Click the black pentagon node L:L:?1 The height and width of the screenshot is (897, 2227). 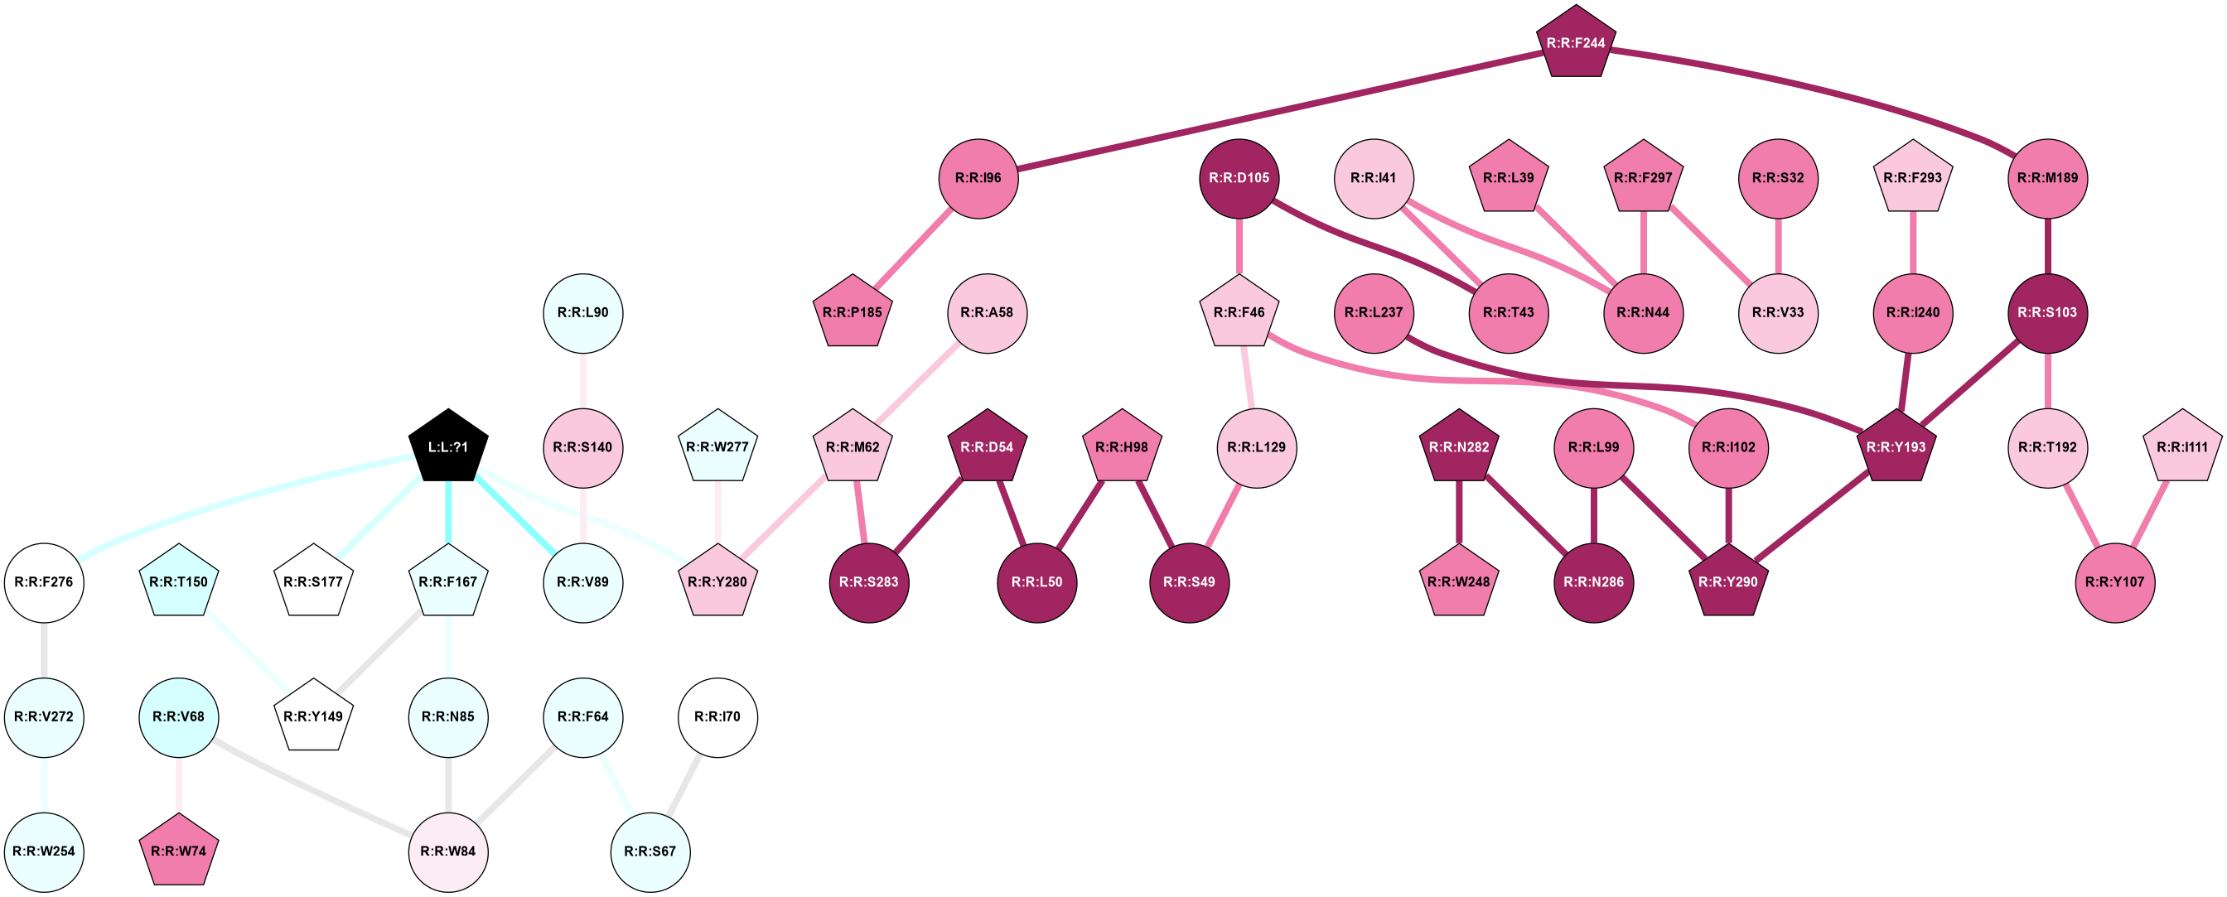pyautogui.click(x=448, y=446)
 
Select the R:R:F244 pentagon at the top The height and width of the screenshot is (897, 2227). pyautogui.click(x=1575, y=43)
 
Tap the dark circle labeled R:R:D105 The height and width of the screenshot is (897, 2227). pyautogui.click(x=1239, y=178)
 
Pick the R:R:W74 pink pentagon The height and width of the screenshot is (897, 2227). pyautogui.click(x=179, y=851)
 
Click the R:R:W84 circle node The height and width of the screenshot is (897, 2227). pyautogui.click(x=448, y=851)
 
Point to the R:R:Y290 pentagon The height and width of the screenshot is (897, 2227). pyautogui.click(x=1727, y=581)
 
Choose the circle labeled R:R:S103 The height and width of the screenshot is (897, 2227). pyautogui.click(x=2047, y=313)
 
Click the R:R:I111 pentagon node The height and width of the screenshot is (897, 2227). pyautogui.click(x=2182, y=446)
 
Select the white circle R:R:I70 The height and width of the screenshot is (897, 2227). pyautogui.click(x=717, y=716)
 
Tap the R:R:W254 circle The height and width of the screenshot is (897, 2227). pyautogui.click(x=44, y=851)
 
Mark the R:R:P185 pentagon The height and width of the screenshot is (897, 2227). pyautogui.click(x=853, y=313)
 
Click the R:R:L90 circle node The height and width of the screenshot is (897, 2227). pyautogui.click(x=582, y=313)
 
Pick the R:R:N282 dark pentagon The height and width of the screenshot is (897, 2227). pyautogui.click(x=1458, y=446)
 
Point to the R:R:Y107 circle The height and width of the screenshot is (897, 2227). pyautogui.click(x=2114, y=581)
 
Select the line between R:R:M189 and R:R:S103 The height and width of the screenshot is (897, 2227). pyautogui.click(x=2047, y=245)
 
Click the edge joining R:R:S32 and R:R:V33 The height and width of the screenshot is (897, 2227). pyautogui.click(x=1778, y=245)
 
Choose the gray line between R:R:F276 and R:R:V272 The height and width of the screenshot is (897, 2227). pyautogui.click(x=44, y=649)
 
